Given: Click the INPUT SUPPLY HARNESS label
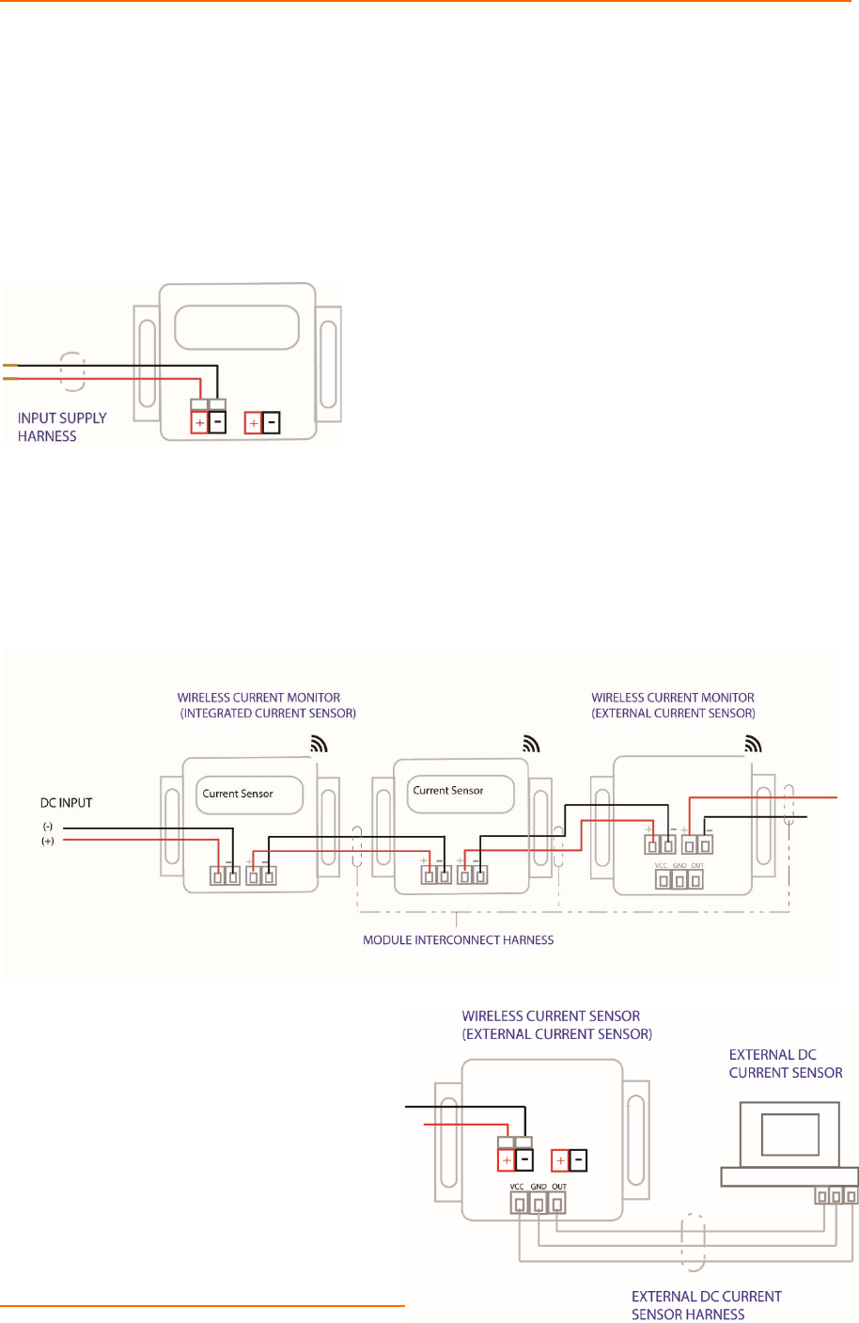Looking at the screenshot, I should tap(61, 427).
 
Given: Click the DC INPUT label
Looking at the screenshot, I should tap(66, 803).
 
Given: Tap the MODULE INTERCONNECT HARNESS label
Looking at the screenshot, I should tap(458, 940).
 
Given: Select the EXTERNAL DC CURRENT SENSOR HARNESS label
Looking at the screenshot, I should tap(706, 1305).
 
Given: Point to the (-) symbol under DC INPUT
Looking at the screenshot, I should tap(47, 827).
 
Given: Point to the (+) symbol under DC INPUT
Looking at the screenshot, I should tap(47, 842).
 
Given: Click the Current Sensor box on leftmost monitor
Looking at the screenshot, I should tap(248, 795).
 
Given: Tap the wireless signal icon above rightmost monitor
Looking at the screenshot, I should tap(753, 744).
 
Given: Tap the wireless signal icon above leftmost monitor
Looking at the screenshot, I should tap(320, 744).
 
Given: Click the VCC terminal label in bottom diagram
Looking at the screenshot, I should tap(517, 1187).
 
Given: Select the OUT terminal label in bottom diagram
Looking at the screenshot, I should tap(559, 1187).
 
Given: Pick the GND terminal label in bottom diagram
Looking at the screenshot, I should tap(539, 1187).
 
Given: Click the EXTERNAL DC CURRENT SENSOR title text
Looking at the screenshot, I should tap(786, 1063).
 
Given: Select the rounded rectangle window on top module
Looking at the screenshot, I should tap(237, 328).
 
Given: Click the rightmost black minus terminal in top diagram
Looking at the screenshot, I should tap(272, 423).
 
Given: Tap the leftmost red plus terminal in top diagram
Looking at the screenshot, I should tap(199, 423).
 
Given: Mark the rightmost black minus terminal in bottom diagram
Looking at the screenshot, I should tap(578, 1160).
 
